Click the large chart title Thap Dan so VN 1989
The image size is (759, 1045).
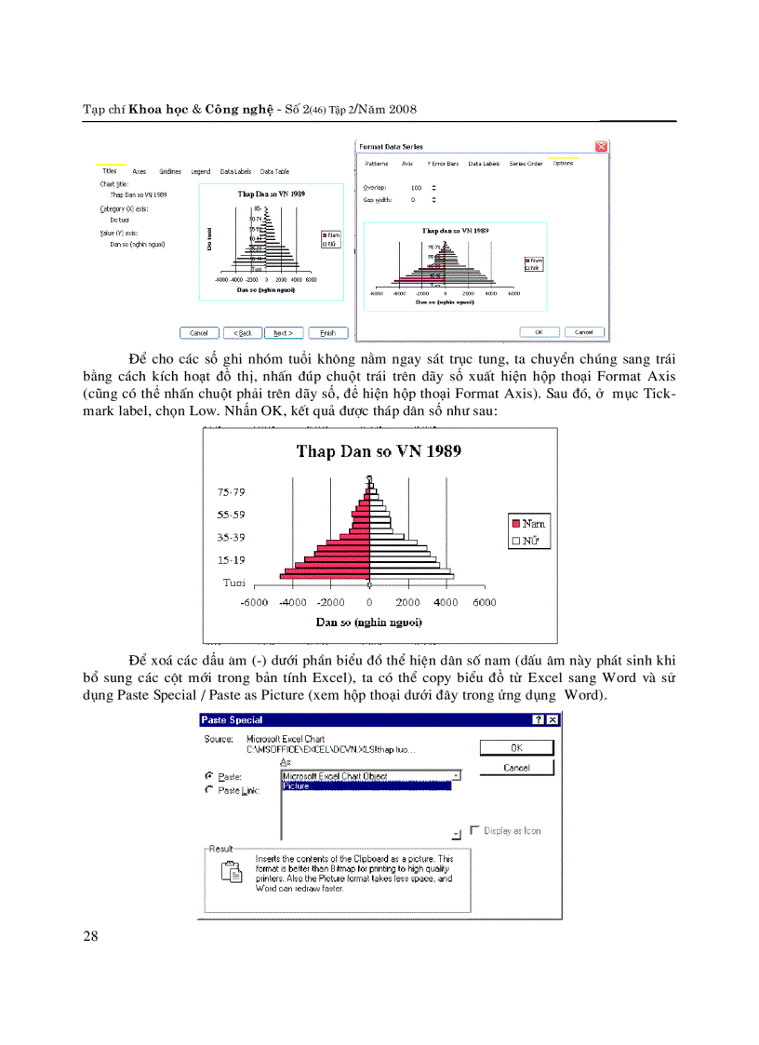click(379, 452)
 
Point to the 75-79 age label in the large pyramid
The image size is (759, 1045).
click(232, 492)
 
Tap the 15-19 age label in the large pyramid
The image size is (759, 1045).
click(232, 560)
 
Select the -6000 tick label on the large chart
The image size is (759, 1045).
click(253, 603)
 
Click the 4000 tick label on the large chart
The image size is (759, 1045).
click(446, 603)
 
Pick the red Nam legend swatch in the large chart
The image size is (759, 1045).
click(516, 524)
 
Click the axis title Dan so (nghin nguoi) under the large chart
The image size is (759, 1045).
click(369, 622)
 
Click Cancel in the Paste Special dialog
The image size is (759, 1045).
click(516, 768)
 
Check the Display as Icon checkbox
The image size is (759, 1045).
click(475, 830)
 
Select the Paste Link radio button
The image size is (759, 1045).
click(208, 790)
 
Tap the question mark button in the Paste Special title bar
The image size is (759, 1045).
click(538, 719)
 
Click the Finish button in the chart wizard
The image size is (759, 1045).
click(327, 332)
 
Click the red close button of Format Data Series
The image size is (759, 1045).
click(602, 146)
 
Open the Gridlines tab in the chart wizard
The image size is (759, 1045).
click(170, 172)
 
